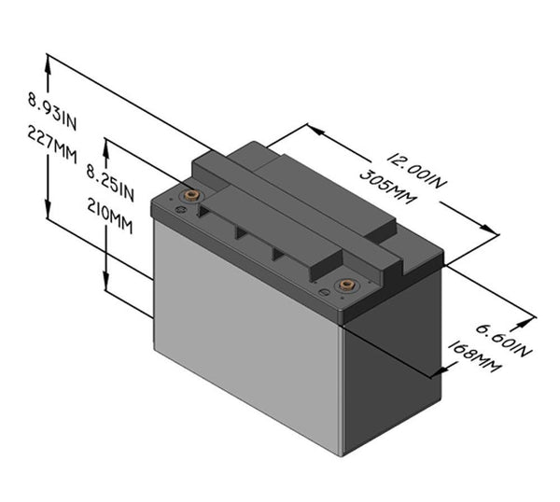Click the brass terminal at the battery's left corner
[x=192, y=196]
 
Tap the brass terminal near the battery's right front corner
[x=346, y=285]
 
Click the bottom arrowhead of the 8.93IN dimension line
[x=47, y=215]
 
